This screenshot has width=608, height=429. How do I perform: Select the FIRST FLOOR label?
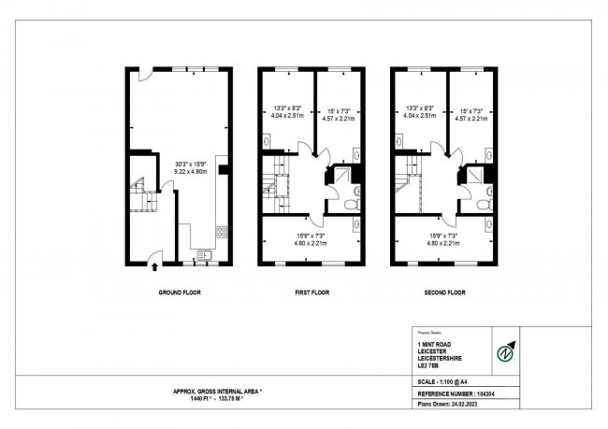tap(312, 293)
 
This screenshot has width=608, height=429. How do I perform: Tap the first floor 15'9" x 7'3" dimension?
tap(311, 238)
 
